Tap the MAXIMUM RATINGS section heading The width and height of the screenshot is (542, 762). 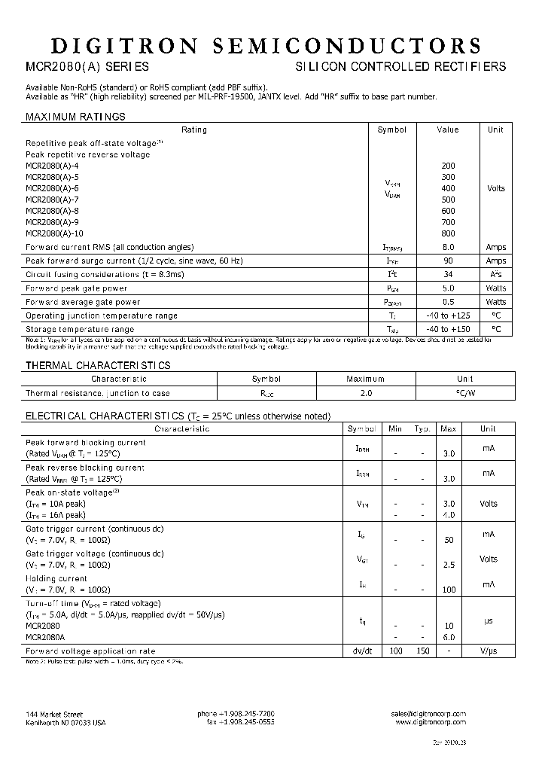[x=75, y=117]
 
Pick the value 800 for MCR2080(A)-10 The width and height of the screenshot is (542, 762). [x=447, y=233]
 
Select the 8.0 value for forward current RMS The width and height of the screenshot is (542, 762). [x=447, y=247]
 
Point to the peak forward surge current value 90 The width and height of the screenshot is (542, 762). [x=447, y=261]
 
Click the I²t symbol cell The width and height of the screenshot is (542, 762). [x=391, y=275]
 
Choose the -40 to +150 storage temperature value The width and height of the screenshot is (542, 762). [x=447, y=329]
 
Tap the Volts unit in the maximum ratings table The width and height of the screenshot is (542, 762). [x=495, y=188]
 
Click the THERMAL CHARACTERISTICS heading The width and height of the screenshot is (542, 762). [x=98, y=365]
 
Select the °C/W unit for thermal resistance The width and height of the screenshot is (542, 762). [x=465, y=393]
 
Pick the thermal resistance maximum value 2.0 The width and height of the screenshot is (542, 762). [x=365, y=393]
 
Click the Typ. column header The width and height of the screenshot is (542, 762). [x=422, y=428]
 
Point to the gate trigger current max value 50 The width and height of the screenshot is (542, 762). [x=449, y=541]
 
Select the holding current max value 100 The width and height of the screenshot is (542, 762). [x=449, y=590]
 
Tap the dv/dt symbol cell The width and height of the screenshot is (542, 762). [x=361, y=651]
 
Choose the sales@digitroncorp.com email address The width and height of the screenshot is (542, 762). [x=428, y=714]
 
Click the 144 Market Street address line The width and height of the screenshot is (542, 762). [x=54, y=714]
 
